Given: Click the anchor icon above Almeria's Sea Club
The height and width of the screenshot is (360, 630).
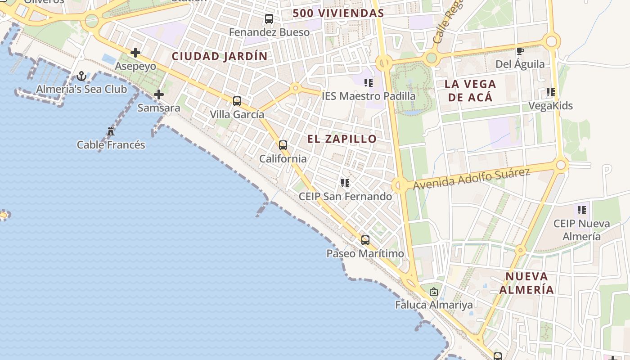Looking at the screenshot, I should coord(81,76).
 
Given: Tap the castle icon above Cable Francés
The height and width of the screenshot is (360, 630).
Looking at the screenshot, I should coord(111,131).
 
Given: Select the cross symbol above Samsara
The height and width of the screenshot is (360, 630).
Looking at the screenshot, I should coord(158,94).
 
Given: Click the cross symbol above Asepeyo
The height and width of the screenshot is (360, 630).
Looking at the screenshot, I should coord(135,53).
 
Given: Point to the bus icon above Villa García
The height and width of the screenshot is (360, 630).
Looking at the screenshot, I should coord(237,101).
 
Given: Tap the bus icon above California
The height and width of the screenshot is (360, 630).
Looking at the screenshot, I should coord(283,145).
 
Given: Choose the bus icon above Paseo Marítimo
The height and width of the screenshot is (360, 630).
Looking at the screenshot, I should coord(365,240).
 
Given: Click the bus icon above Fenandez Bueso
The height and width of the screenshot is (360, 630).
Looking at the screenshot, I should coord(269,19).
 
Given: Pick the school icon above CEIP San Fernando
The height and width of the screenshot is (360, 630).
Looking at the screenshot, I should coord(345,183).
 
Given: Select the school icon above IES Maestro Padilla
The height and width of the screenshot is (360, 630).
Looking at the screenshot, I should coord(369,83).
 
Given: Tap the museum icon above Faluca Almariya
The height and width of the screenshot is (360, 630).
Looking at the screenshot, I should coord(434,292).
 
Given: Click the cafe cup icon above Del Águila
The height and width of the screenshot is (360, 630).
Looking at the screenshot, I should coord(520,51).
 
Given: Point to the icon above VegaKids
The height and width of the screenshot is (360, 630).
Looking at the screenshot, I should coord(550,92).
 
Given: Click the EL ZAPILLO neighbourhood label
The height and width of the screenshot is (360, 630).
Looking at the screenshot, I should coord(342,139).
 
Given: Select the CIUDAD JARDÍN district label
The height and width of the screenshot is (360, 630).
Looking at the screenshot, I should coord(220,57).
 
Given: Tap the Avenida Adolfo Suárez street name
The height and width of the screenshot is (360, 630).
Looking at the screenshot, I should coord(471,179).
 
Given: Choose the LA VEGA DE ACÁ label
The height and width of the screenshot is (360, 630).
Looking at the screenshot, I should coord(470,90).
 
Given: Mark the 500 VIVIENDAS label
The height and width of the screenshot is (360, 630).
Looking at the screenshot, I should coord(338,13).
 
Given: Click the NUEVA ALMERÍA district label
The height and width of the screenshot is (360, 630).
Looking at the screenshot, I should coord(526,283).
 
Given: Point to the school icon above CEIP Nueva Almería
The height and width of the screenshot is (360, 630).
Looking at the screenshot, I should coord(582,210).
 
